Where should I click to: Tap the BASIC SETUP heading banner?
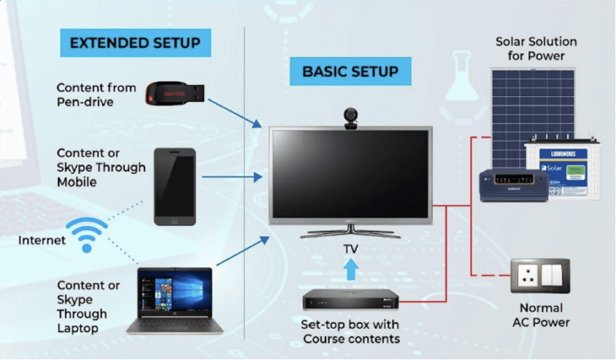350,71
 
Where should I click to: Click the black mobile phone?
175,185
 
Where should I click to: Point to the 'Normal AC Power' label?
541,315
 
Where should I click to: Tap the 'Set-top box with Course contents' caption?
351,332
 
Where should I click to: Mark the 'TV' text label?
350,250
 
